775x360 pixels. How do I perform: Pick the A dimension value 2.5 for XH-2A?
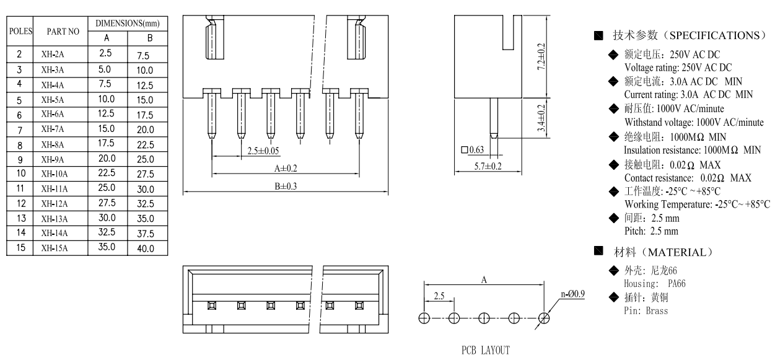tap(105, 55)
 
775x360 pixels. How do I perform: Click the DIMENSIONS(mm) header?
tap(127, 23)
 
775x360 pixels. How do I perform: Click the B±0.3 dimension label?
tap(286, 187)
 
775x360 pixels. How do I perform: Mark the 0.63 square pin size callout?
tap(473, 149)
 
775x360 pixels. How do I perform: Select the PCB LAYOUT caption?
tap(485, 351)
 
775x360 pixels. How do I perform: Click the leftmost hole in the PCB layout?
tap(424, 317)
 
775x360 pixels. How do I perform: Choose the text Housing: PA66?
tap(654, 283)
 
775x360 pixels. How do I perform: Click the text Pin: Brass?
tap(646, 310)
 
